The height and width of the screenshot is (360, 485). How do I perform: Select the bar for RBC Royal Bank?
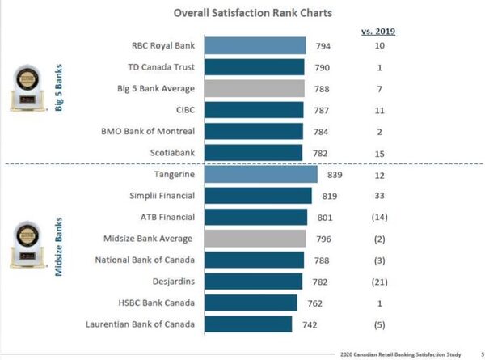coord(255,45)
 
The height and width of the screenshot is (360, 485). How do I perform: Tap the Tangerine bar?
coord(261,174)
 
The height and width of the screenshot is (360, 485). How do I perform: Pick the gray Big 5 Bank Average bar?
coord(255,88)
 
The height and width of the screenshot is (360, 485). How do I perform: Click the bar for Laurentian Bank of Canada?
coord(248,324)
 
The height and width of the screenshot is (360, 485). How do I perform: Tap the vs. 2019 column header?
coord(378,32)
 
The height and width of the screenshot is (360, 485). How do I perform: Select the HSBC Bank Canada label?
coord(154,303)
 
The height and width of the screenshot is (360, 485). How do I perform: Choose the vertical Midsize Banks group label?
coord(58,248)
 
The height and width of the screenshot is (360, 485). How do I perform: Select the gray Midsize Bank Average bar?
coord(255,239)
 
